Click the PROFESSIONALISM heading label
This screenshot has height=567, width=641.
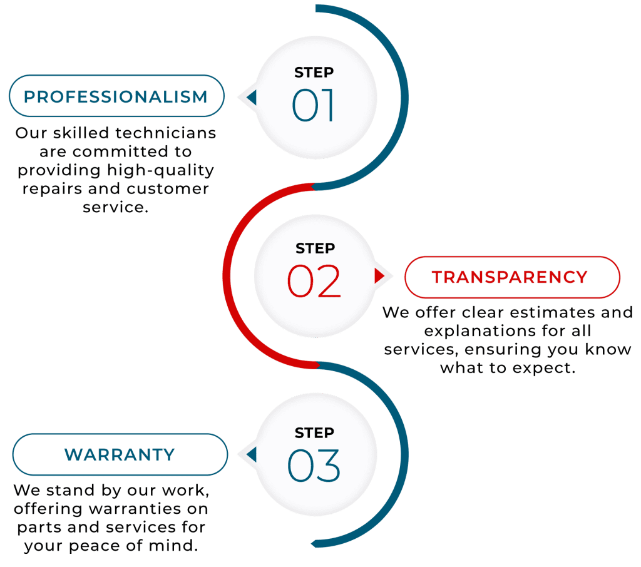[x=115, y=97]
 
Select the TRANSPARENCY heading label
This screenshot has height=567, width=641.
[x=510, y=277]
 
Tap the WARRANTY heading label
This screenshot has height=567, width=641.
[x=120, y=454]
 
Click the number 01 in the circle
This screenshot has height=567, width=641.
[x=314, y=105]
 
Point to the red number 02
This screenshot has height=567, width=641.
[x=314, y=281]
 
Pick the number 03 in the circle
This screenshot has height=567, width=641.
[x=314, y=464]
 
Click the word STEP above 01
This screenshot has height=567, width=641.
[x=314, y=73]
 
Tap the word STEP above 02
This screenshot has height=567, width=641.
[x=315, y=248]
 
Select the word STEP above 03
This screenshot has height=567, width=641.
[x=315, y=432]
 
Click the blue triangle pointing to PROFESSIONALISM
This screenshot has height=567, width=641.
[x=251, y=97]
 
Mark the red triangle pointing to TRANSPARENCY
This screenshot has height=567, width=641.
[x=379, y=275]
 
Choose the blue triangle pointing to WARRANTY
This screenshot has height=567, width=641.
[x=251, y=454]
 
